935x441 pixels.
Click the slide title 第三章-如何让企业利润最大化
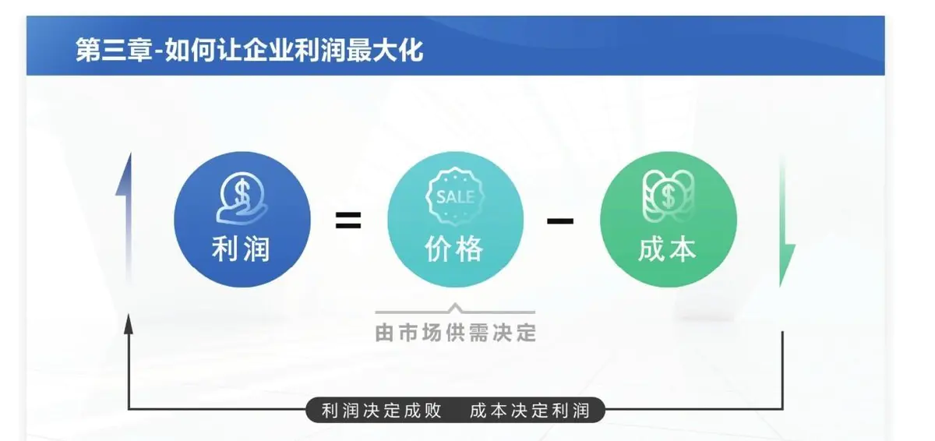[x=249, y=51]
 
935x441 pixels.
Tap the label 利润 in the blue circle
[x=242, y=249]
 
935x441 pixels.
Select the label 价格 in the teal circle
[x=454, y=249]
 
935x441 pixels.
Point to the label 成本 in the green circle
[x=668, y=249]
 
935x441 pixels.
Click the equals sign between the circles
[x=348, y=220]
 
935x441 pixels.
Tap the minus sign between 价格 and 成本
[x=560, y=220]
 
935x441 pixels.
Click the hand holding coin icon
[x=242, y=199]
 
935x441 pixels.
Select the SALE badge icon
[x=455, y=196]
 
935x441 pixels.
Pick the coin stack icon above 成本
[x=669, y=196]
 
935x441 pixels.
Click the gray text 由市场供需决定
[x=455, y=333]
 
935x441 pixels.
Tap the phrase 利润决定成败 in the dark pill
[x=382, y=411]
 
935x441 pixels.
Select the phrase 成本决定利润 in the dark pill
[x=530, y=411]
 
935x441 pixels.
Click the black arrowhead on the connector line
[x=129, y=324]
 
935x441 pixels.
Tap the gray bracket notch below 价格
[x=455, y=308]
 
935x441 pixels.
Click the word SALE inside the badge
[x=455, y=197]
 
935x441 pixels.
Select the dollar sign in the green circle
[x=669, y=196]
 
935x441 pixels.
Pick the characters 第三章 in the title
[x=114, y=51]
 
